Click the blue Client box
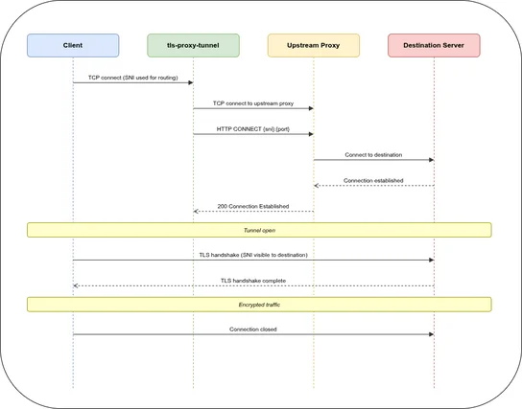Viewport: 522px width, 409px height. tap(73, 45)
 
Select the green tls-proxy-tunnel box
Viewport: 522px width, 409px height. tap(193, 45)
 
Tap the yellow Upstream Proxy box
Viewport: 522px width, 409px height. tap(314, 45)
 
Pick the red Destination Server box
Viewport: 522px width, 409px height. tap(434, 45)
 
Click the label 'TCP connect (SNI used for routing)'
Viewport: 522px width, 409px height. tap(132, 77)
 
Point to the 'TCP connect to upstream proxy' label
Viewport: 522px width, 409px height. tap(253, 102)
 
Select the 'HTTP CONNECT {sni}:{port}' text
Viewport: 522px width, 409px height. tap(253, 128)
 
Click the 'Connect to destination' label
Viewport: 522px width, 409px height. tap(373, 154)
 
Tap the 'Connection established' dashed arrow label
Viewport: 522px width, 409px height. tap(373, 180)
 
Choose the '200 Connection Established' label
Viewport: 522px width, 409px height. tap(253, 206)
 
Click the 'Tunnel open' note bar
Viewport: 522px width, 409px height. tap(259, 230)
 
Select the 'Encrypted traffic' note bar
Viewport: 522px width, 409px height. tap(259, 304)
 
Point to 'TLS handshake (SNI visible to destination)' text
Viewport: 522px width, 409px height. tap(253, 254)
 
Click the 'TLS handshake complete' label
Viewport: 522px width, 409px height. tap(253, 280)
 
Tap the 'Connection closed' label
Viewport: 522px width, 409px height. tap(253, 329)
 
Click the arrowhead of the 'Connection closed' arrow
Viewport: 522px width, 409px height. tap(431, 334)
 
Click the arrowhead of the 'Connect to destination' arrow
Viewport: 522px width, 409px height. tap(431, 160)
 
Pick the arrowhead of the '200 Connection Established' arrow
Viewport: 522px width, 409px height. tap(197, 212)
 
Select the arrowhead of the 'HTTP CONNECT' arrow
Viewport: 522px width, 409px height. tap(310, 134)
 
